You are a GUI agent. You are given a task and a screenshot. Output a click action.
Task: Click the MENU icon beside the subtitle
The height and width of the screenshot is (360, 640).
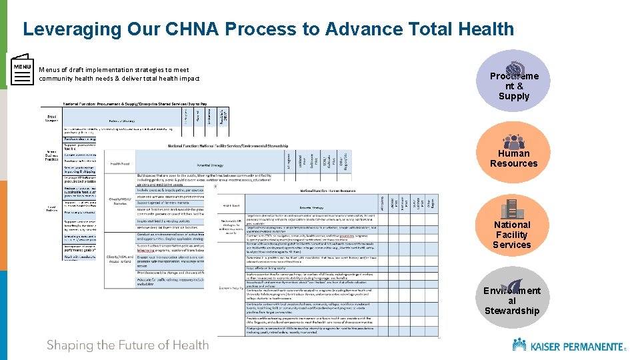[x=22, y=69]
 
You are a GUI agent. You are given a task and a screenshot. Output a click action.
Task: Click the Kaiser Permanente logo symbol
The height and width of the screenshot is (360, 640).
[x=519, y=344]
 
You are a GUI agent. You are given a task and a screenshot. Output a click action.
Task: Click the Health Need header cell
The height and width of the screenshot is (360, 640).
[x=120, y=163]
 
